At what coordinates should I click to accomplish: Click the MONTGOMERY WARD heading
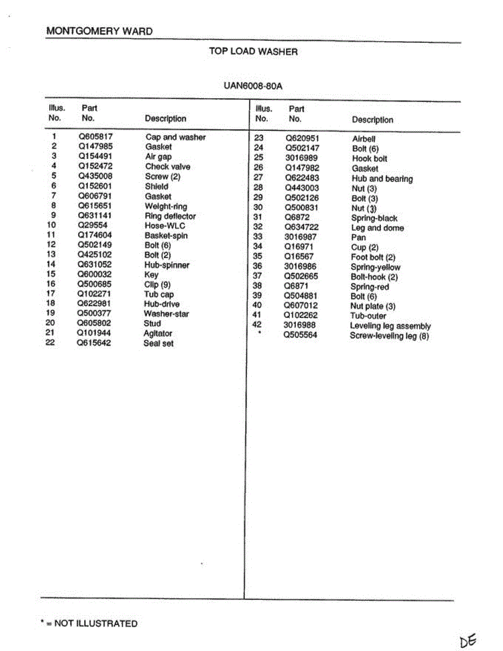(99, 31)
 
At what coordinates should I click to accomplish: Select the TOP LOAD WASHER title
(253, 52)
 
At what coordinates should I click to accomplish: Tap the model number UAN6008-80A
(253, 86)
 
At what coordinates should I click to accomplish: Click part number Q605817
(95, 137)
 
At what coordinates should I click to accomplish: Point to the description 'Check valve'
(168, 167)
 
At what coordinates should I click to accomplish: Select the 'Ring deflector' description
(170, 216)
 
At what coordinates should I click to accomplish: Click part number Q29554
(93, 225)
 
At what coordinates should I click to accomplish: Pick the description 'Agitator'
(158, 334)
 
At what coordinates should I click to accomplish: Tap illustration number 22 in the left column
(50, 343)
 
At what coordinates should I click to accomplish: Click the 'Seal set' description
(158, 343)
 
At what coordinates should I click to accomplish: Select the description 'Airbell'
(364, 139)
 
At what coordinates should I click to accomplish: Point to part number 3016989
(302, 158)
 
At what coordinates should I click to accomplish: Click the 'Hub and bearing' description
(382, 178)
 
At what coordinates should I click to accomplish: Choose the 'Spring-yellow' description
(375, 267)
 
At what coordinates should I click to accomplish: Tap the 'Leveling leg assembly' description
(390, 326)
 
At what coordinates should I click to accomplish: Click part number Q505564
(300, 335)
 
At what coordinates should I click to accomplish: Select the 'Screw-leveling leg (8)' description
(390, 336)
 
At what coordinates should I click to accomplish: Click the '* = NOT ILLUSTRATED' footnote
(89, 623)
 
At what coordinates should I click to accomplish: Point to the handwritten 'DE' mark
(468, 641)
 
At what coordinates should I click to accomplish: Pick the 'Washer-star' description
(166, 314)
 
